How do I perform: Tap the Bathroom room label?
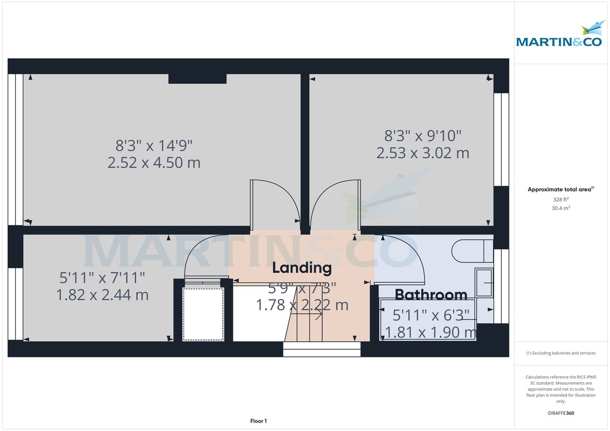431,294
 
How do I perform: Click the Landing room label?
302,267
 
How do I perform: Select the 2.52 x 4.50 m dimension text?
154,163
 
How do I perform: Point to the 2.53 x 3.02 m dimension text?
422,152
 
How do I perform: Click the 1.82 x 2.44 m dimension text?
103,294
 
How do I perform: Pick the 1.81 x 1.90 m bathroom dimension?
431,333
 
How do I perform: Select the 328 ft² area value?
561,200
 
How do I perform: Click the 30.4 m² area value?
561,208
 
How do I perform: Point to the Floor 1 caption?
258,421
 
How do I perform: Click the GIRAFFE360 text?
561,413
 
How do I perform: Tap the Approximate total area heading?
561,189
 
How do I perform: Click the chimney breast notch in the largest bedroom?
197,79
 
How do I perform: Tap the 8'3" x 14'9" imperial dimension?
154,146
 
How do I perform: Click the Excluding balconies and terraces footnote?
561,353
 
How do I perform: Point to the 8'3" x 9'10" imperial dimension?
422,136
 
